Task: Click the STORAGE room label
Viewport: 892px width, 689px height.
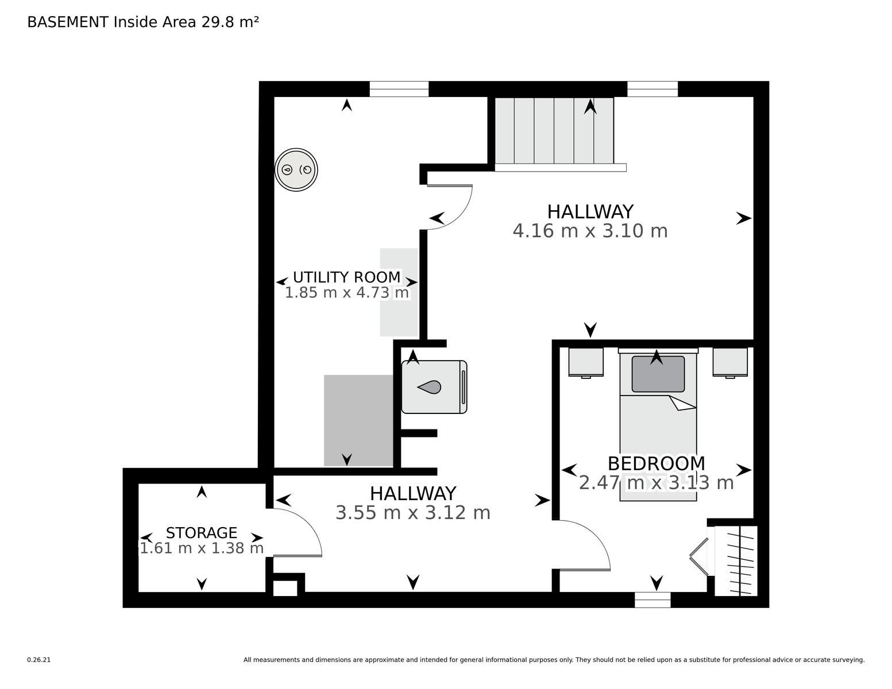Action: (x=201, y=533)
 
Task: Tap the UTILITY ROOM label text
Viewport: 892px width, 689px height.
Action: (x=346, y=277)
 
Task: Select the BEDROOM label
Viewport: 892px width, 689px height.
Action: (x=656, y=464)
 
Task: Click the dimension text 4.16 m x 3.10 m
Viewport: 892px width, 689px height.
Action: (x=590, y=231)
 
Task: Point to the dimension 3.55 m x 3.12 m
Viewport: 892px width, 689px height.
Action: (x=412, y=513)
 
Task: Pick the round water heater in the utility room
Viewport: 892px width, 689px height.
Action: (x=296, y=169)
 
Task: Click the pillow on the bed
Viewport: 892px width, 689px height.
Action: (x=658, y=374)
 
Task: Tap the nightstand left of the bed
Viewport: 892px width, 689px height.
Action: (x=586, y=362)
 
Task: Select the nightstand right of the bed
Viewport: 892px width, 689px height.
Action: (x=730, y=362)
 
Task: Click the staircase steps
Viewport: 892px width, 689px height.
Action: (x=554, y=130)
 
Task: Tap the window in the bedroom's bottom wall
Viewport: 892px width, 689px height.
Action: (x=652, y=599)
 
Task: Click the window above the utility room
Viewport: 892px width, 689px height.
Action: (x=399, y=89)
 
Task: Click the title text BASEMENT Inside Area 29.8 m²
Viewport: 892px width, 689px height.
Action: (x=143, y=22)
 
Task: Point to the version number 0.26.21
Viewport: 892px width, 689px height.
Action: (x=39, y=660)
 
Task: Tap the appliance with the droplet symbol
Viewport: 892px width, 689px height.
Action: (x=434, y=387)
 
